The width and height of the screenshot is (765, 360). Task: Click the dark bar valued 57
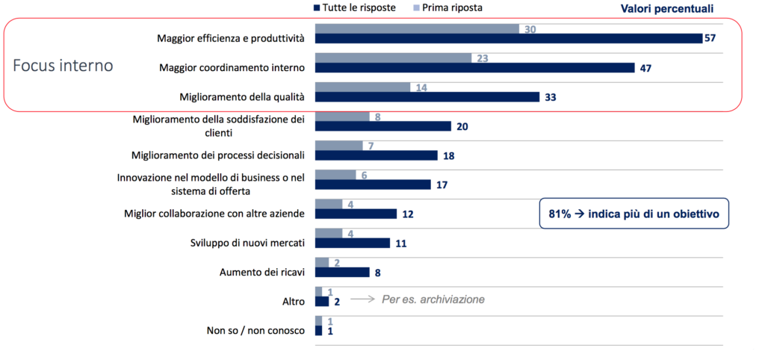click(x=508, y=38)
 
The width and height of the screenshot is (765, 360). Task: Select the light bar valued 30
click(x=417, y=28)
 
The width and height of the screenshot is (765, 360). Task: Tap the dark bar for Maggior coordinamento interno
click(x=474, y=68)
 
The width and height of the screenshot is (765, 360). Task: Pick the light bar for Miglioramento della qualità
click(x=362, y=87)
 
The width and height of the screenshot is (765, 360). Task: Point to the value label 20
click(x=462, y=126)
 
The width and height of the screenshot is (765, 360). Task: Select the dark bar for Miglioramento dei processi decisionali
click(x=376, y=155)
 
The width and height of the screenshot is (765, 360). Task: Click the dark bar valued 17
click(x=373, y=184)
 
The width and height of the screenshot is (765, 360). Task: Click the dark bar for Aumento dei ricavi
click(x=342, y=272)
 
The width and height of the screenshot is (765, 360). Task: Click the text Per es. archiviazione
click(x=433, y=300)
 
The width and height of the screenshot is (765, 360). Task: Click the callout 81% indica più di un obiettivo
click(x=634, y=213)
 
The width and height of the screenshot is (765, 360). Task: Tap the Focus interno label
click(x=63, y=65)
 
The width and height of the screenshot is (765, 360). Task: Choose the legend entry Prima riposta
click(x=447, y=7)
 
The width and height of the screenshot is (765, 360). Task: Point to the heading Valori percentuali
click(x=667, y=8)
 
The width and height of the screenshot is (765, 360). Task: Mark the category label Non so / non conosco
click(x=255, y=330)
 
